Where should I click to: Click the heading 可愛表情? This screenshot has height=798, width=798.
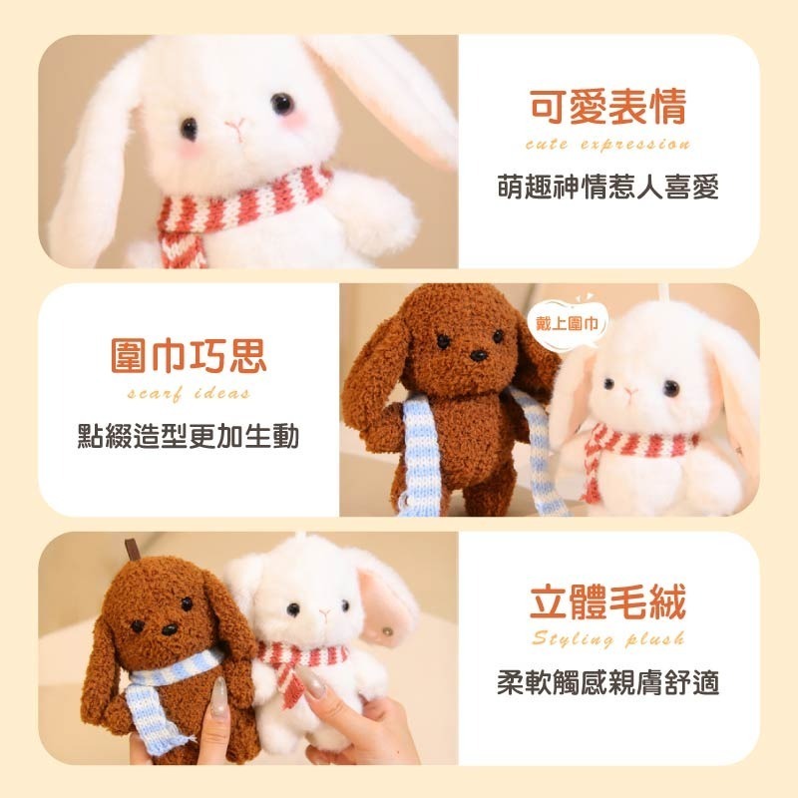607,109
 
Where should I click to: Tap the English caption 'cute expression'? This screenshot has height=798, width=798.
607,145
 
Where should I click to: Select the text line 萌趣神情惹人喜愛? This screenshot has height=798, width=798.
607,188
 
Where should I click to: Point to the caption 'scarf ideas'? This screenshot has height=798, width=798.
189,393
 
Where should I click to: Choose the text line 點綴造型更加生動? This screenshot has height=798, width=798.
189,436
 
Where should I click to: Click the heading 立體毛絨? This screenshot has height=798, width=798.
607,603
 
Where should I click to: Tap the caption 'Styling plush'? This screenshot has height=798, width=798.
607,639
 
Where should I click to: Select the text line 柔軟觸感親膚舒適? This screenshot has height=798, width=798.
607,683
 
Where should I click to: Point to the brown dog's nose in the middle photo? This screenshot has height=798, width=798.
477,354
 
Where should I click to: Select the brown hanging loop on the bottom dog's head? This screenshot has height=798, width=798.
129,551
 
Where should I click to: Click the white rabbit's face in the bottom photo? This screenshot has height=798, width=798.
309,608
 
